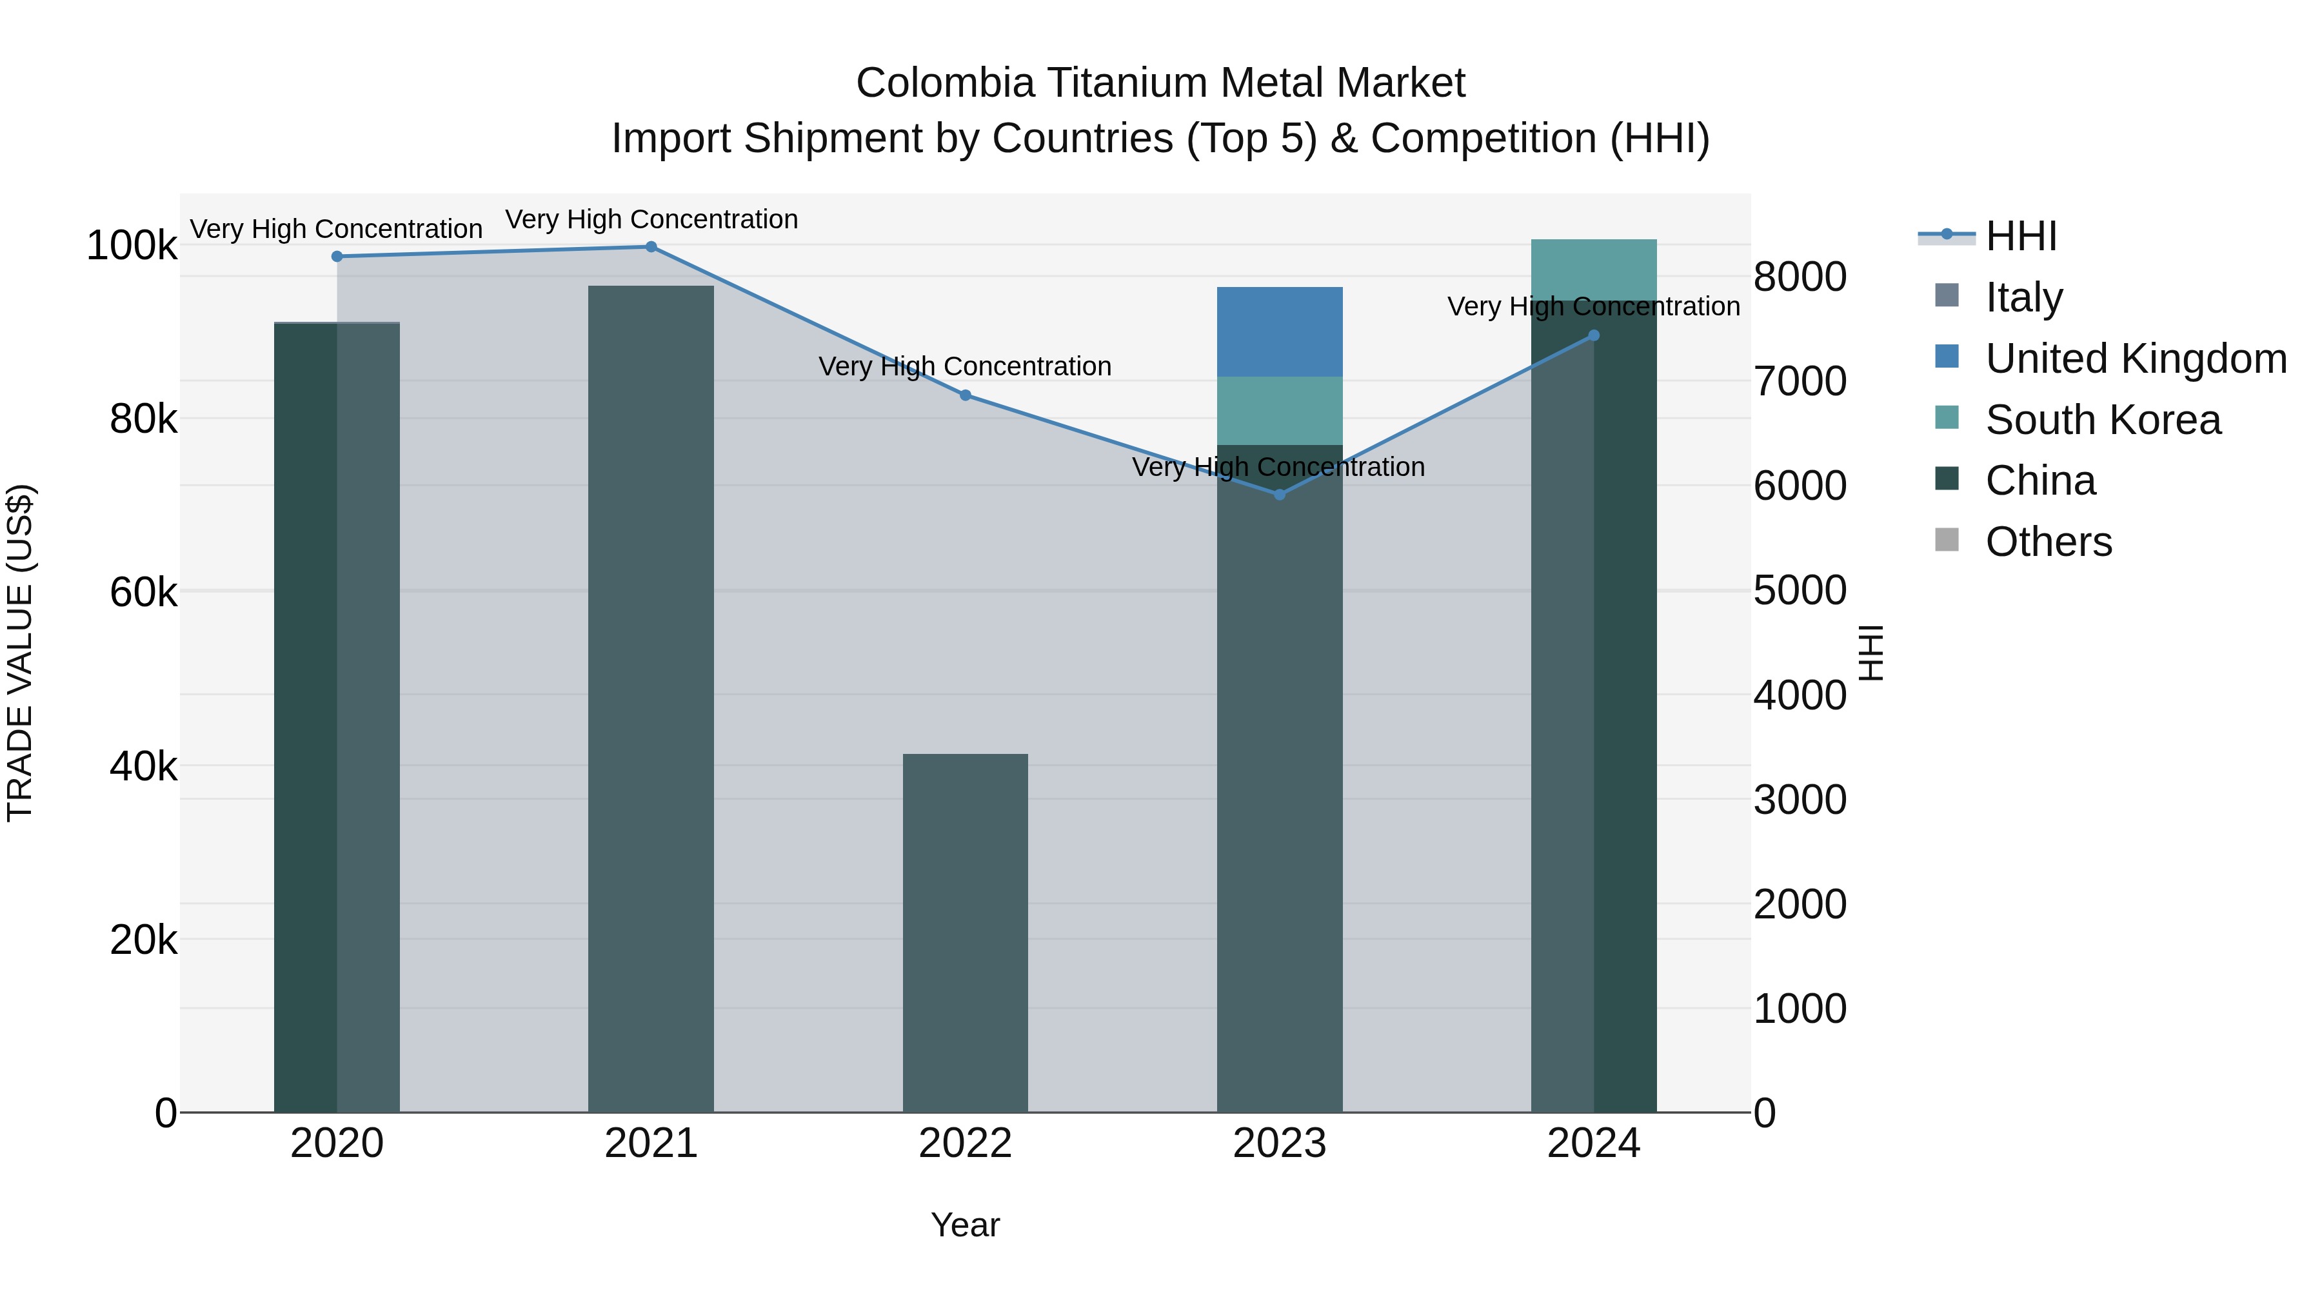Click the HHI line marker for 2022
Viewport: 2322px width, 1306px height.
pyautogui.click(x=966, y=395)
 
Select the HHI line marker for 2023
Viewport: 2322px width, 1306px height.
pyautogui.click(x=1279, y=494)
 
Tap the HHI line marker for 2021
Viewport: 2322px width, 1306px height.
pyautogui.click(x=651, y=247)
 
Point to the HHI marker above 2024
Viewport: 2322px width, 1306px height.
pyautogui.click(x=1594, y=335)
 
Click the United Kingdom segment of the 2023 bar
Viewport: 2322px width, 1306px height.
pyautogui.click(x=1279, y=331)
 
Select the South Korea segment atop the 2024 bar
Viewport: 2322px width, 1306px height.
pyautogui.click(x=1594, y=268)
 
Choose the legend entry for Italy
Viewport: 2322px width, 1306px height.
pyautogui.click(x=2023, y=297)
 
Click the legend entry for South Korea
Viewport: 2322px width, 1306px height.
pyautogui.click(x=2103, y=419)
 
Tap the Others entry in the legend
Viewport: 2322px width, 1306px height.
pyautogui.click(x=2048, y=542)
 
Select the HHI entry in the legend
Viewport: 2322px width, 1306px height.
pyautogui.click(x=2020, y=236)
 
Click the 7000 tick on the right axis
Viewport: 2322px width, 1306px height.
pyautogui.click(x=1799, y=381)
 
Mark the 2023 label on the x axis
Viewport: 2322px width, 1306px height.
pyautogui.click(x=1279, y=1143)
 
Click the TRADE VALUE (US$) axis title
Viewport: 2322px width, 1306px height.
pyautogui.click(x=21, y=653)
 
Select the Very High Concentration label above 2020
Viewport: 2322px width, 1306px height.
pyautogui.click(x=336, y=229)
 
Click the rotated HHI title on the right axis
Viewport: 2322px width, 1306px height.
pyautogui.click(x=1871, y=653)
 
